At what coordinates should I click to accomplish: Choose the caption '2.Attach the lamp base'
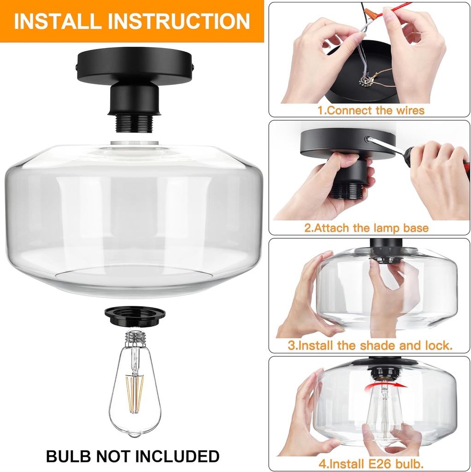point(366,228)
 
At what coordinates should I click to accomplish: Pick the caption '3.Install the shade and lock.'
point(370,345)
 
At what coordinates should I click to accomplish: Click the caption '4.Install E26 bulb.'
point(371,462)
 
